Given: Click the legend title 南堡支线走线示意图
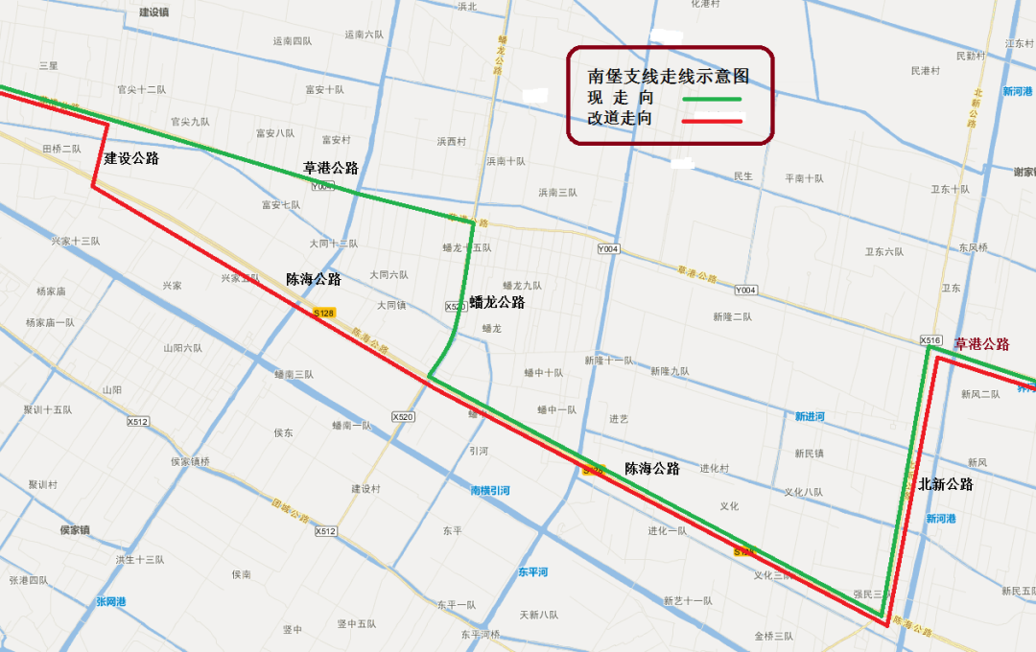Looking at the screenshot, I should click(668, 76).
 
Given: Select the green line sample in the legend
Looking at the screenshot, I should click(712, 99).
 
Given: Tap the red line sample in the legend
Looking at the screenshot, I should click(712, 121).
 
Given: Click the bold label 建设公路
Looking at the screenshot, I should click(131, 158).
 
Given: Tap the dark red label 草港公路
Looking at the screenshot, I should click(981, 344).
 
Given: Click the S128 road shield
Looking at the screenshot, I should click(324, 313).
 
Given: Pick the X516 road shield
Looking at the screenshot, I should click(930, 340).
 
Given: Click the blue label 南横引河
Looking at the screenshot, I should click(489, 490).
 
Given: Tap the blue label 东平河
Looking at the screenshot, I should click(532, 571).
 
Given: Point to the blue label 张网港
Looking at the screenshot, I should click(110, 601).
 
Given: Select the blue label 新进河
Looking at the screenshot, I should click(809, 416).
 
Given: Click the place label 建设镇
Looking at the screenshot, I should click(153, 12).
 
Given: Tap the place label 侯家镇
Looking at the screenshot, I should click(74, 529).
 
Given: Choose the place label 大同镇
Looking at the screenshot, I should click(390, 305).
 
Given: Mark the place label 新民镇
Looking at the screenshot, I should click(809, 453).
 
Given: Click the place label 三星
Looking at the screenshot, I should click(48, 65).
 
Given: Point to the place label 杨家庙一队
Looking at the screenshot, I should click(50, 322).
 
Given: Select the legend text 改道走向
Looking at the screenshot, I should click(620, 119).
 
